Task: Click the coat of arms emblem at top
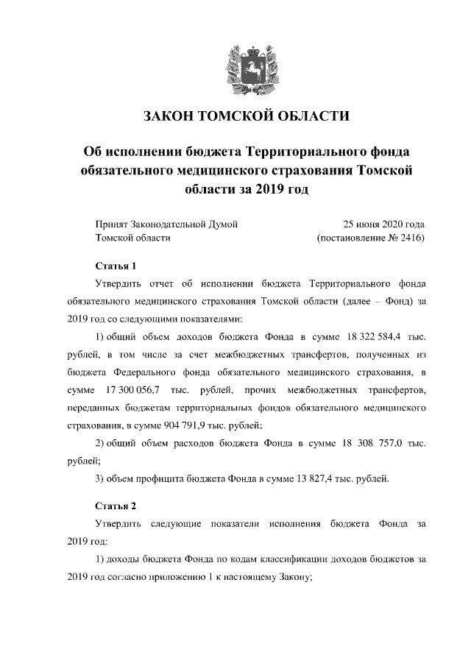coord(235,64)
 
